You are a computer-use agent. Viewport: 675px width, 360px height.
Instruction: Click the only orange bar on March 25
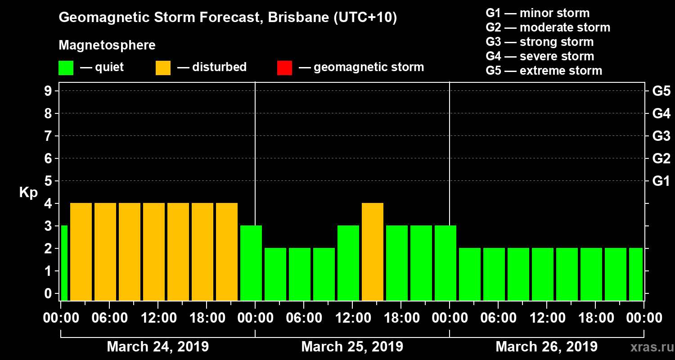click(x=373, y=252)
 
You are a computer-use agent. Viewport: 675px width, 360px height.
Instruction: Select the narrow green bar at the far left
click(x=64, y=263)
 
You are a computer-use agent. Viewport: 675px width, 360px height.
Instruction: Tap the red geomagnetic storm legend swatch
click(x=284, y=67)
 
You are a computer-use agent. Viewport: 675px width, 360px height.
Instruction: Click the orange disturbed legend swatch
click(x=163, y=67)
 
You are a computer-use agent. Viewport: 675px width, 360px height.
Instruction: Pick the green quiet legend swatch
click(x=66, y=67)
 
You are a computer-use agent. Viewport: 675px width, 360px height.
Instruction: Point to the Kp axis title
click(x=28, y=192)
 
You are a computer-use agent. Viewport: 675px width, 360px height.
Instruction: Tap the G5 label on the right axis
click(x=661, y=91)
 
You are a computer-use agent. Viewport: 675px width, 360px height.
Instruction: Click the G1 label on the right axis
click(x=661, y=181)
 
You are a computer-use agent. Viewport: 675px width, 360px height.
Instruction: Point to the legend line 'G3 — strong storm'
click(x=540, y=42)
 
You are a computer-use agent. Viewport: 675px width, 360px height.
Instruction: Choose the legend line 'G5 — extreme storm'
click(x=544, y=71)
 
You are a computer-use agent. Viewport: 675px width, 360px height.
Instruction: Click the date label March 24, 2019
click(x=157, y=347)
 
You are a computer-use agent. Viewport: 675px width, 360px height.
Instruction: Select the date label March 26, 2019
click(x=546, y=347)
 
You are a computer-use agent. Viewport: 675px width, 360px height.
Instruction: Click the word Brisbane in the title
click(x=292, y=18)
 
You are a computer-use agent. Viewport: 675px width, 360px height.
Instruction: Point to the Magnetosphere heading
click(x=107, y=45)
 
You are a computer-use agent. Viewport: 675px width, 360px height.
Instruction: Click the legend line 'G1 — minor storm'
click(x=537, y=13)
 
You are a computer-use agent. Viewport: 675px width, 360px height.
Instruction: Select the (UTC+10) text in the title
click(x=365, y=18)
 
